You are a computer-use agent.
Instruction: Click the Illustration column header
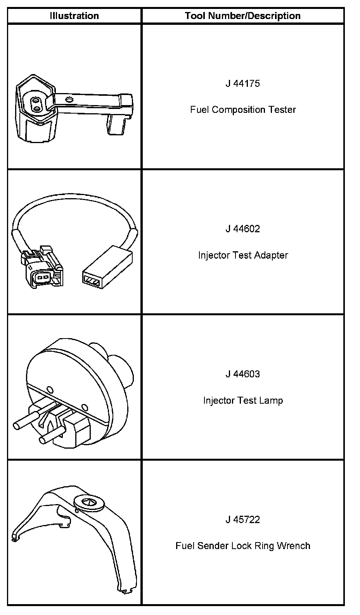tap(74, 16)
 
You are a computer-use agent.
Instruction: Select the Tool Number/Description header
tap(242, 16)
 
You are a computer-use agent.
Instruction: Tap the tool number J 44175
tap(242, 83)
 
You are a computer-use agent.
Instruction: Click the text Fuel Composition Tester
tap(243, 110)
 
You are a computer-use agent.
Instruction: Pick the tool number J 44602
tap(242, 229)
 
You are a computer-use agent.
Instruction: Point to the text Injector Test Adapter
tap(243, 255)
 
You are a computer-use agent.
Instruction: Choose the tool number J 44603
tap(242, 374)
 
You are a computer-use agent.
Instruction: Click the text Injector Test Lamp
tap(243, 400)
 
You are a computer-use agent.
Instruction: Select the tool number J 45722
tap(242, 520)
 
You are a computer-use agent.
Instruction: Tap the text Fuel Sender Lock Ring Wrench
tap(243, 546)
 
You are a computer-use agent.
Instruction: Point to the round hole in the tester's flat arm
tap(69, 99)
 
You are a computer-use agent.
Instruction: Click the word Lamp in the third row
tap(271, 400)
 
